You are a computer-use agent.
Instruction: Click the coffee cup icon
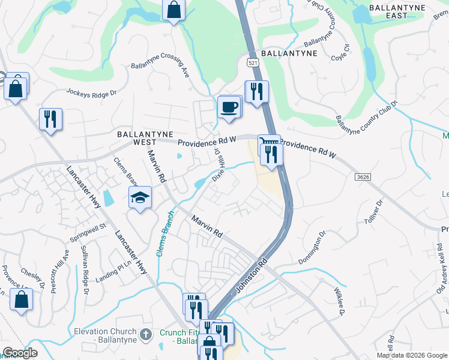pyautogui.click(x=229, y=108)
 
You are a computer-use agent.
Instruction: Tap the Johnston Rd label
pyautogui.click(x=252, y=275)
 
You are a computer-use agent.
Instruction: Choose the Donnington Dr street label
pyautogui.click(x=313, y=247)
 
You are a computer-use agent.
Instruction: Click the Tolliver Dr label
pyautogui.click(x=373, y=213)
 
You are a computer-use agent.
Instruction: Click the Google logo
pyautogui.click(x=19, y=353)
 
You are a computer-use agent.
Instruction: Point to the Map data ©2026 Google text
pyautogui.click(x=411, y=355)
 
